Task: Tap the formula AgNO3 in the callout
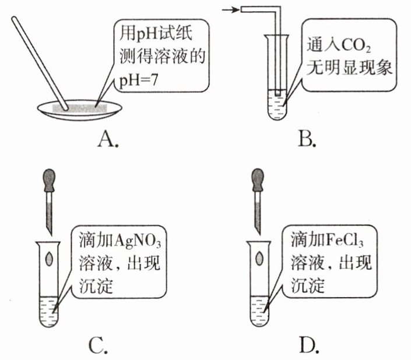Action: pyautogui.click(x=140, y=241)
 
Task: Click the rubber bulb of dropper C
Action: pyautogui.click(x=48, y=177)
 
